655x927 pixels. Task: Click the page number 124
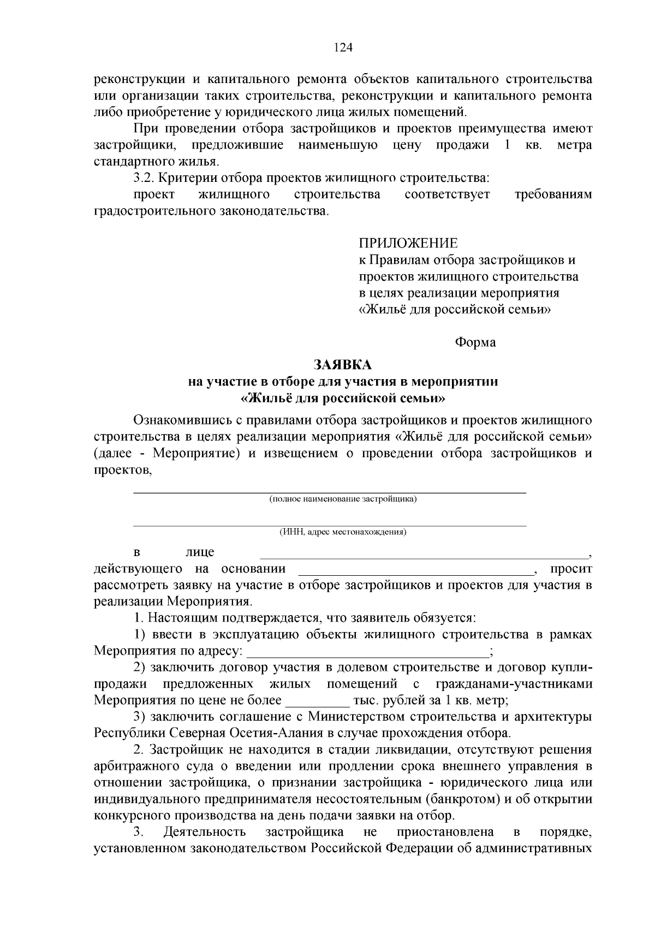coord(343,48)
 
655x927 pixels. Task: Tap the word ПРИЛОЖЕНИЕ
coord(408,243)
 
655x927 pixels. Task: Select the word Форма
coord(475,343)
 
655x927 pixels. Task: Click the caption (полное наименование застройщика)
coord(343,499)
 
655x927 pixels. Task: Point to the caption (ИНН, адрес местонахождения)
coord(343,532)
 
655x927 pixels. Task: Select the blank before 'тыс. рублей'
coord(317,702)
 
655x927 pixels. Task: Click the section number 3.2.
coord(145,178)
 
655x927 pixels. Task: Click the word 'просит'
coord(570,569)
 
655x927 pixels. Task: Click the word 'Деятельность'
coord(204,832)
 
